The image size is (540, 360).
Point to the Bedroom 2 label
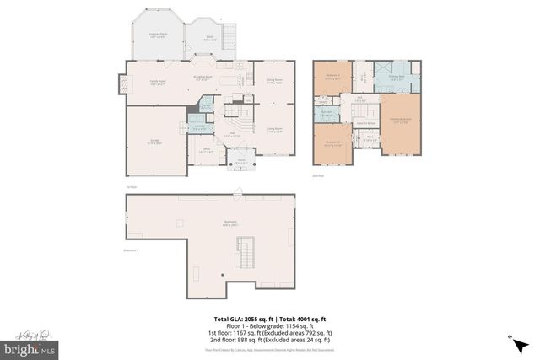coord(332,142)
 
